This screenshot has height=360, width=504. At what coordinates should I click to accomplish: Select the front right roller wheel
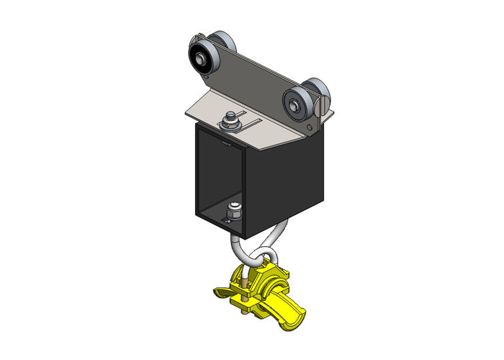295,104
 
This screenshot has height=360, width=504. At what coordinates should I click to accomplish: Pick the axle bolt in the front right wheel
294,106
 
